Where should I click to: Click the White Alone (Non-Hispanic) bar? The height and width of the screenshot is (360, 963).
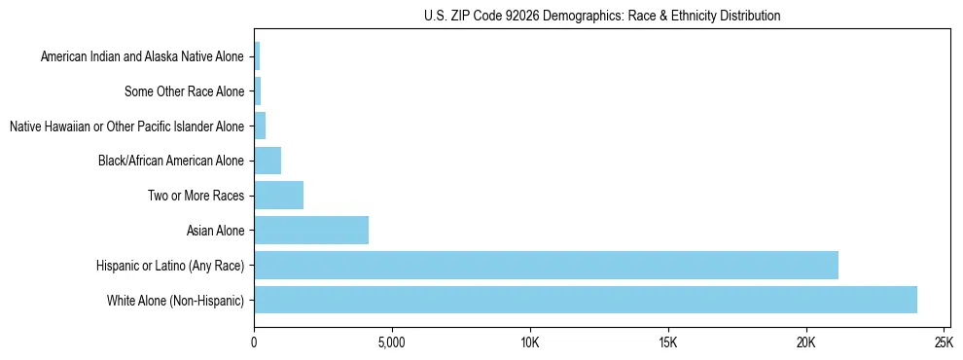pos(585,300)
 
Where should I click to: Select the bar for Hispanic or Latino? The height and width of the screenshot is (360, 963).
pos(546,265)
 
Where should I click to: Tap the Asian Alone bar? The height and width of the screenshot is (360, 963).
pos(311,231)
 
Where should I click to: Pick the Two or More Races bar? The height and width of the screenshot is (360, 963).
pos(278,196)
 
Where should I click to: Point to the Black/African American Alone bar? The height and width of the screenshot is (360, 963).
pos(267,161)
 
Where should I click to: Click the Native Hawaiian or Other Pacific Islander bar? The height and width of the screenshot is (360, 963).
pos(260,126)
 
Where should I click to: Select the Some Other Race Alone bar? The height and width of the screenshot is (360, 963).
pos(258,91)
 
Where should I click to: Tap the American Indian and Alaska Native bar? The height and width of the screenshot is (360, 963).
pos(257,57)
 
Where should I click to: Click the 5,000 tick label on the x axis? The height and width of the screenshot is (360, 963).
pos(391,343)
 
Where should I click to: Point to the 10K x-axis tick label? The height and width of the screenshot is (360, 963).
pos(529,343)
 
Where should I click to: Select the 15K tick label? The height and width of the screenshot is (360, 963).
pos(667,343)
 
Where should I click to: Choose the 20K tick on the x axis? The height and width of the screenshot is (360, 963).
pos(805,343)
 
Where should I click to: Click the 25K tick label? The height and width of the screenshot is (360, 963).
pos(943,343)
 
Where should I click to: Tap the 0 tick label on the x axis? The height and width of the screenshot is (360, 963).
pos(254,343)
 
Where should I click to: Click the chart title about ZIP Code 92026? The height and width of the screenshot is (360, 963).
pos(602,16)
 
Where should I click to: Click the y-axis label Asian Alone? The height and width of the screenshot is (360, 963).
pos(216,231)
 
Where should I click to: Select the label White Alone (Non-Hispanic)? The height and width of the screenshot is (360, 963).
pos(176,300)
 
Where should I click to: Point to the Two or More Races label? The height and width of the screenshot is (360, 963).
pos(196,196)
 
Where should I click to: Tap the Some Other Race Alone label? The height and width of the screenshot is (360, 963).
pos(185,91)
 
